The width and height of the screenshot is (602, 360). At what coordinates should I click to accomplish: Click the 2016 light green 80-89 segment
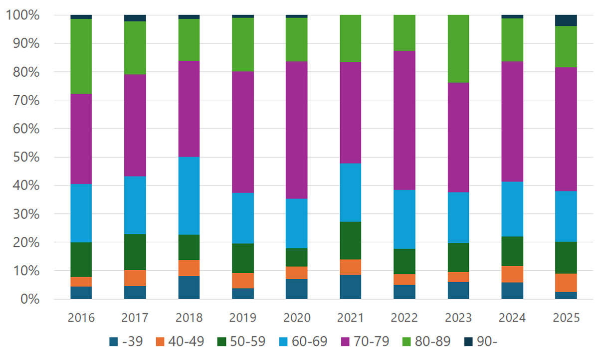pyautogui.click(x=81, y=56)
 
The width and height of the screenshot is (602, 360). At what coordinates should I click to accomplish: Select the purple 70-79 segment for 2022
pyautogui.click(x=404, y=120)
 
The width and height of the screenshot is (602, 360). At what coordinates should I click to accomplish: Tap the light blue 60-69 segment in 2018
pyautogui.click(x=189, y=195)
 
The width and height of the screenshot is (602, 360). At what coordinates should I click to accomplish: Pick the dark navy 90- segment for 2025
pyautogui.click(x=566, y=20)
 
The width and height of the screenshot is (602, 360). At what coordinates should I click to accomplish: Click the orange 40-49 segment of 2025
pyautogui.click(x=566, y=283)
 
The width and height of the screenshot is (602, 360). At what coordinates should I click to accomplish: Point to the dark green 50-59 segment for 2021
pyautogui.click(x=350, y=240)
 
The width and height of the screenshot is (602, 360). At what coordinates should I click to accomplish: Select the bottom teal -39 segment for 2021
pyautogui.click(x=350, y=287)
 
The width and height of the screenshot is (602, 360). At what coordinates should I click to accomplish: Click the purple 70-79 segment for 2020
pyautogui.click(x=296, y=130)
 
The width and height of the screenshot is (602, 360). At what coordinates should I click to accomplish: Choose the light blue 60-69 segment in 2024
pyautogui.click(x=512, y=209)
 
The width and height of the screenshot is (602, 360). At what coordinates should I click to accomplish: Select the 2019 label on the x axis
pyautogui.click(x=242, y=318)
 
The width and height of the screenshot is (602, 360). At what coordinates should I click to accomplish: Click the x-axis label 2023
pyautogui.click(x=458, y=318)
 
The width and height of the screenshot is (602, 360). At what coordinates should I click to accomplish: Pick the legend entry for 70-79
pyautogui.click(x=360, y=342)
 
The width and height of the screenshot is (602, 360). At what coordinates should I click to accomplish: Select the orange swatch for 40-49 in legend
pyautogui.click(x=160, y=342)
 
